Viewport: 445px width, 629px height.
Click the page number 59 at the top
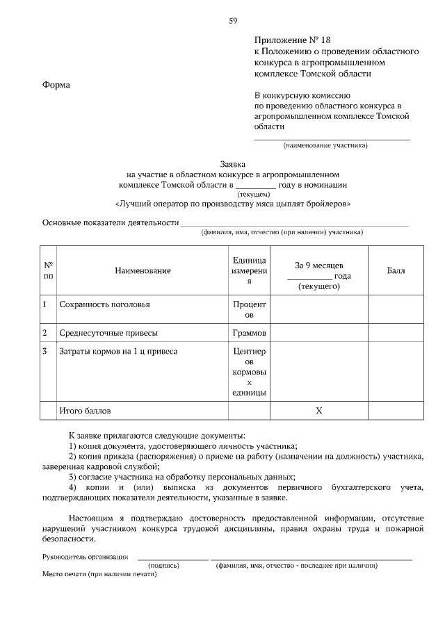tap(233, 21)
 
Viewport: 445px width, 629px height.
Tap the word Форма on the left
tap(56, 85)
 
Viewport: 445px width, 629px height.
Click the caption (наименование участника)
tap(325, 146)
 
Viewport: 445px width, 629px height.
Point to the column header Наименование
tap(143, 270)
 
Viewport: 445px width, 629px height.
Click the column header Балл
tap(396, 270)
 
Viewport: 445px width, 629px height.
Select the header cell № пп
tap(49, 270)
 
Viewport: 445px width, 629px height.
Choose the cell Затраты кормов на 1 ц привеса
tap(118, 352)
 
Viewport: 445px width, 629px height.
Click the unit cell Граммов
tap(250, 332)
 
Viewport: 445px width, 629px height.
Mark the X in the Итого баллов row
tap(319, 411)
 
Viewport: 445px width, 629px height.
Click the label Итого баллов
tap(85, 411)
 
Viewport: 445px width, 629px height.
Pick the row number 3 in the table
tap(45, 352)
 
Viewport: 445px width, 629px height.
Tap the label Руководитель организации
tap(85, 556)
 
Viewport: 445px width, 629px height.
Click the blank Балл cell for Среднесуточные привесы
tap(396, 332)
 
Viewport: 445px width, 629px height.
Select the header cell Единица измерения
tap(250, 270)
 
